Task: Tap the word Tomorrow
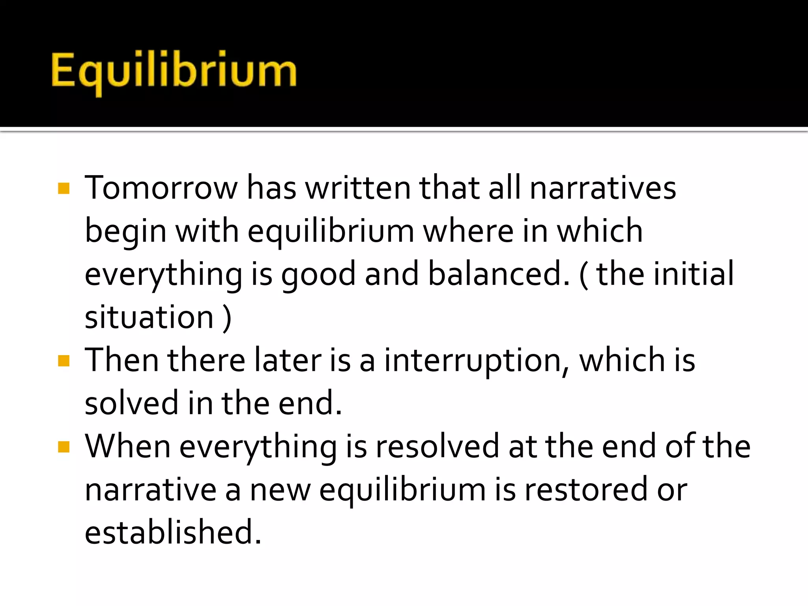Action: pos(161,188)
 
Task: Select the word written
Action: pos(358,188)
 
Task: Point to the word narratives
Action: pos(602,188)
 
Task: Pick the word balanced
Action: pos(499,274)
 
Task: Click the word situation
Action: pos(149,317)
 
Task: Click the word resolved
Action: pos(437,447)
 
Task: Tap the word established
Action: pos(173,533)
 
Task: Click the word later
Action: pos(288,361)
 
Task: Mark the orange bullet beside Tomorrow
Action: pos(64,188)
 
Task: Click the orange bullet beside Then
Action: pos(64,361)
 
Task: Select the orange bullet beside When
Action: pos(64,447)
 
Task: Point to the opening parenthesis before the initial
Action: pos(584,275)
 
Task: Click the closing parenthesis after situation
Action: pos(227,318)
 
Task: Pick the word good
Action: pos(318,275)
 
